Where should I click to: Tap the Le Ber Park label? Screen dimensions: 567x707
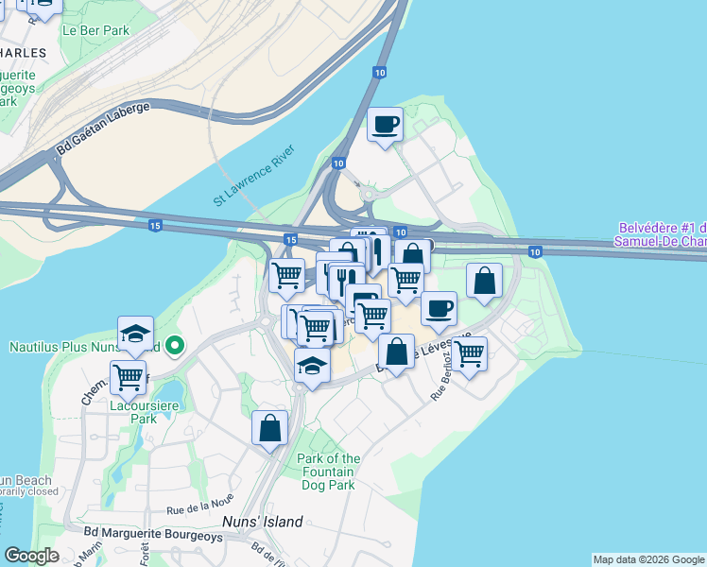click(95, 30)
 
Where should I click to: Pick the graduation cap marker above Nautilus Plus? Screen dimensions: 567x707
click(135, 333)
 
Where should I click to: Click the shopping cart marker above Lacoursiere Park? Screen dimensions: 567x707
click(129, 377)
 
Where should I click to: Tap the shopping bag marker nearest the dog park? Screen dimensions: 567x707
click(270, 426)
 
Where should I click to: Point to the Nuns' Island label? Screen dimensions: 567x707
click(262, 522)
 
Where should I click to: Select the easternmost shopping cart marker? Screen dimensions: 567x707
click(469, 353)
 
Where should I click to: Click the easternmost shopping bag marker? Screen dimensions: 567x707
click(484, 281)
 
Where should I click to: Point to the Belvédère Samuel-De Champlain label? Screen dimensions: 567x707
click(662, 234)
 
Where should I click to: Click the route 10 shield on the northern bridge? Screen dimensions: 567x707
click(379, 72)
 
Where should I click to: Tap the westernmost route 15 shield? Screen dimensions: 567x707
click(155, 225)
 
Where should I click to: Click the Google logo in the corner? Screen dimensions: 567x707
click(32, 556)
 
